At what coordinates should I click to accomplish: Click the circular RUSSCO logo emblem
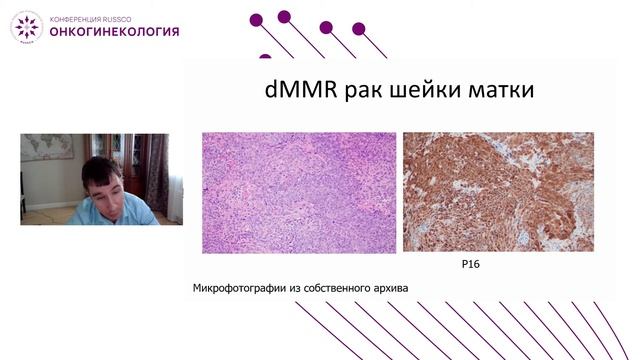tap(26, 26)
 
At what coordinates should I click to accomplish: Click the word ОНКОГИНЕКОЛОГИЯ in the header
tap(115, 31)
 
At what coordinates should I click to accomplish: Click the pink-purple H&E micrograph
tap(298, 192)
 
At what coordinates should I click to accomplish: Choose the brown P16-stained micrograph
tap(498, 192)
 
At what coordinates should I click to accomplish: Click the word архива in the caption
tap(389, 289)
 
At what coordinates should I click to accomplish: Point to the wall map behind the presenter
tap(46, 148)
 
